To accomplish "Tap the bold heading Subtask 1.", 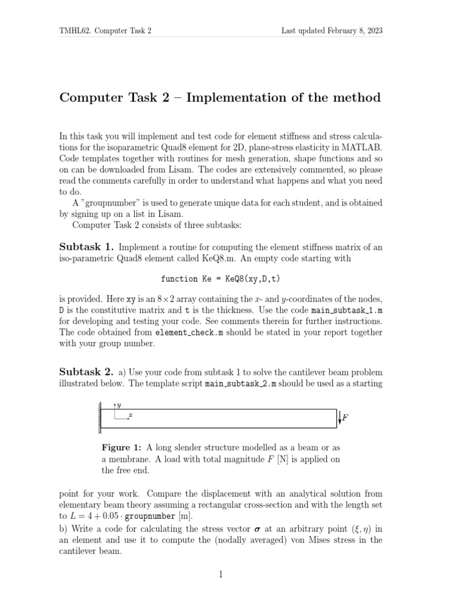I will [86, 247].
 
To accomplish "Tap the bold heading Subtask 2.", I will [86, 372].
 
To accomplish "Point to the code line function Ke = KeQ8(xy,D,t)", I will [221, 279].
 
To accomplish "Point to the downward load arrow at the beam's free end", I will [339, 418].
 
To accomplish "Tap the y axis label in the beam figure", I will [119, 405].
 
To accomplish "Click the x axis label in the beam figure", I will [130, 415].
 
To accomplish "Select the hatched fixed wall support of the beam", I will [97, 418].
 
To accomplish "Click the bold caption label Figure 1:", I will [122, 447].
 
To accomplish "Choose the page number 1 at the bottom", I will [221, 574].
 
